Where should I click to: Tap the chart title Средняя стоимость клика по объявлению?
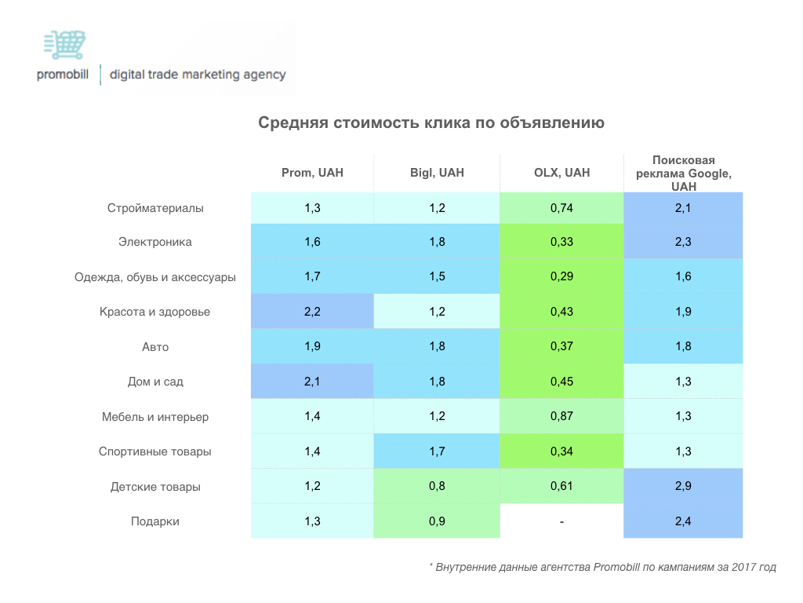click(431, 123)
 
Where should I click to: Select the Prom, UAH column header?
click(312, 173)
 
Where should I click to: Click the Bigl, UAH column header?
click(437, 173)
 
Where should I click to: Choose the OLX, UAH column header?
click(561, 173)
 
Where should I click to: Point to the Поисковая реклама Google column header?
click(683, 173)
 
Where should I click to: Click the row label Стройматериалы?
click(155, 208)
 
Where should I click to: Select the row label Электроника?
click(155, 242)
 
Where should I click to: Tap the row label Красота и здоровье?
click(155, 312)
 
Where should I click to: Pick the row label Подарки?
click(155, 521)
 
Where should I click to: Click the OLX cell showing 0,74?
click(561, 208)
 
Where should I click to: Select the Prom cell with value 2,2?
click(312, 312)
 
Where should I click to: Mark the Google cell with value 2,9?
click(683, 487)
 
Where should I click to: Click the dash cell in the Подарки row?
click(561, 521)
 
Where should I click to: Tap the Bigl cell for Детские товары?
click(437, 487)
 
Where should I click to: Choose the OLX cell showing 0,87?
click(561, 417)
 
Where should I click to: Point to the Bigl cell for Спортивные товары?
click(437, 451)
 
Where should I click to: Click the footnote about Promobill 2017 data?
click(602, 566)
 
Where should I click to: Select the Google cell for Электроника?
click(683, 242)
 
